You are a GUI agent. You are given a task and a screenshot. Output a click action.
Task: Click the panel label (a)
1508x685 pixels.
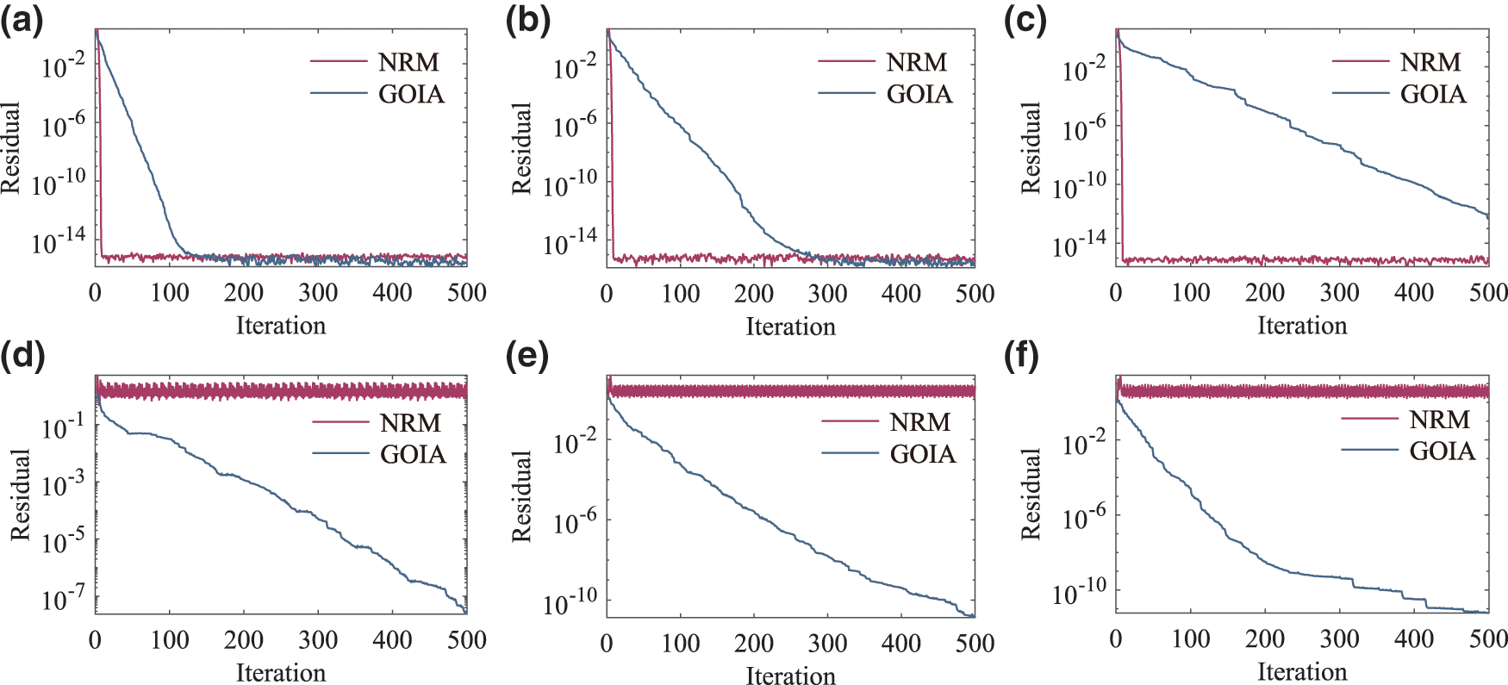pos(21,20)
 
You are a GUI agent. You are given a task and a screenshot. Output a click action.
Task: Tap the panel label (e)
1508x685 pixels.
pos(527,355)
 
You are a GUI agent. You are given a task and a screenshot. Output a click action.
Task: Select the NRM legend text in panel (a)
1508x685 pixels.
pos(408,62)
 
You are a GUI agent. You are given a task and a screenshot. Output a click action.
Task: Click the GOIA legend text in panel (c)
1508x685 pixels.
pos(1433,94)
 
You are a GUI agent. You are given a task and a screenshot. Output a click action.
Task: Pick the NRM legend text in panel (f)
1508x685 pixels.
pos(1439,420)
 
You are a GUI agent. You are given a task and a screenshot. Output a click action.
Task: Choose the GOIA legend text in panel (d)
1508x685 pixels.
pos(413,454)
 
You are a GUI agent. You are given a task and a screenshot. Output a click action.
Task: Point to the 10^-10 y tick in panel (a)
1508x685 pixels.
pos(59,183)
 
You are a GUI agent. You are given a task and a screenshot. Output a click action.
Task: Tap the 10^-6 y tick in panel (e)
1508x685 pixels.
pos(575,521)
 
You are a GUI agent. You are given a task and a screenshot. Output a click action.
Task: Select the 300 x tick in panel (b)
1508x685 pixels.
pos(827,294)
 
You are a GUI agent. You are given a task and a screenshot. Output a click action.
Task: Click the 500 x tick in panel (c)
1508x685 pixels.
pos(1488,293)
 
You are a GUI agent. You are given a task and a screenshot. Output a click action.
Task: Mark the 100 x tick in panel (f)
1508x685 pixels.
pos(1190,639)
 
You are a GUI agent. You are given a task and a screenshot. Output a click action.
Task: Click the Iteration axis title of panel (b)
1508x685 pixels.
pos(790,327)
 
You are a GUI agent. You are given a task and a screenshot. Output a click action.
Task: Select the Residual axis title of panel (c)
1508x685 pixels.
pos(1031,147)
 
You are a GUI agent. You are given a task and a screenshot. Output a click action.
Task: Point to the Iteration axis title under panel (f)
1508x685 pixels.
pos(1301,672)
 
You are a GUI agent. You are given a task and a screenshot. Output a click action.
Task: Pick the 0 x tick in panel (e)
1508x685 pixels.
pos(607,643)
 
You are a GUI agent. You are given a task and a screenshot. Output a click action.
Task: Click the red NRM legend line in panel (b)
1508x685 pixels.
pos(845,62)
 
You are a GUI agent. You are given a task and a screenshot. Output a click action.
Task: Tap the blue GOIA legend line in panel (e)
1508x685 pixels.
pos(849,453)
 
